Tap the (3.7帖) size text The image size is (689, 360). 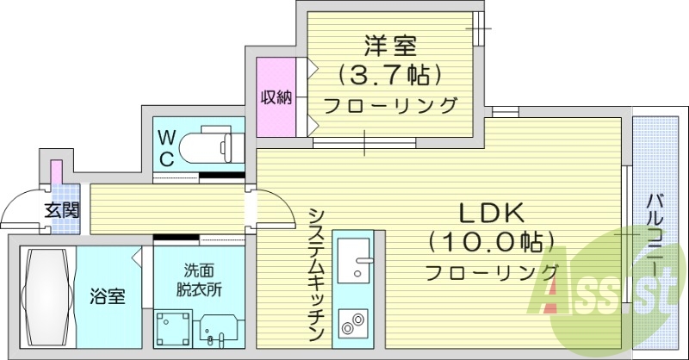[389, 76]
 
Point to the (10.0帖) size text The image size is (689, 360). [490, 242]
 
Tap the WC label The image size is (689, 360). [167, 147]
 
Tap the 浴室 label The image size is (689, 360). [109, 297]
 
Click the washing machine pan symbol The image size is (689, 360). [175, 327]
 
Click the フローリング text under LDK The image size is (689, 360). [492, 272]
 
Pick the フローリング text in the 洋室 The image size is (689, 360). [389, 106]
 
